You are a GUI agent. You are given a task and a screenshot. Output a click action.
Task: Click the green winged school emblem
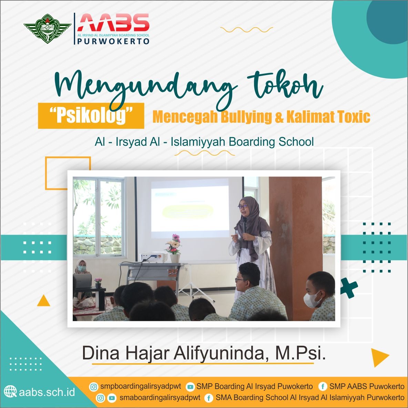point(47,28)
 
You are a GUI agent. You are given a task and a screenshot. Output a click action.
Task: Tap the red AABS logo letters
point(113,22)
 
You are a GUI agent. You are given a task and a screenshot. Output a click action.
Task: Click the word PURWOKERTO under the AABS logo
point(113,41)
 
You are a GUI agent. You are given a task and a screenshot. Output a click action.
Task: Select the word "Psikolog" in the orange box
point(91,115)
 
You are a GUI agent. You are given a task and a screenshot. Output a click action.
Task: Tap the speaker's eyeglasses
point(243,207)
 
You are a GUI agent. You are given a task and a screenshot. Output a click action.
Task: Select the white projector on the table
point(154,257)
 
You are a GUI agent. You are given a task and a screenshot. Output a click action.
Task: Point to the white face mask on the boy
point(312,300)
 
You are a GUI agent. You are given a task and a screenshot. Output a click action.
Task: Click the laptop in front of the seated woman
point(82,281)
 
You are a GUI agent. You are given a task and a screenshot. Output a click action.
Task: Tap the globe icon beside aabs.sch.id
point(10,391)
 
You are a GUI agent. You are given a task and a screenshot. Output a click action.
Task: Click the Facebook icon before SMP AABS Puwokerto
point(323,387)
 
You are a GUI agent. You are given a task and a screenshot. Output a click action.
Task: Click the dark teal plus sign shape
point(349,288)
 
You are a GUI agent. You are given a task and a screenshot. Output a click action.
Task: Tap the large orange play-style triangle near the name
point(379,358)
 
